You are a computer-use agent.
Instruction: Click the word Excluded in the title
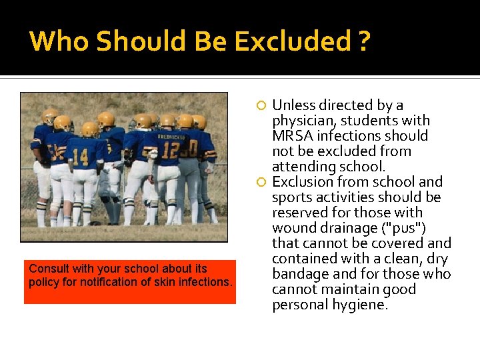click(293, 41)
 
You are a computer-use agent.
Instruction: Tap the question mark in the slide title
click(363, 41)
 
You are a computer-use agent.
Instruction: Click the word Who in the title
click(60, 41)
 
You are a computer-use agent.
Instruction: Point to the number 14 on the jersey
click(80, 157)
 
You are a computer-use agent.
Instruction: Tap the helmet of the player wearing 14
click(90, 128)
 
